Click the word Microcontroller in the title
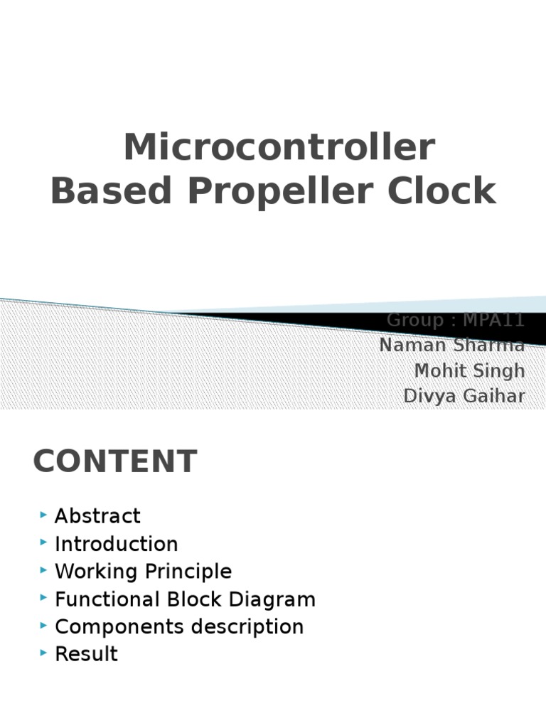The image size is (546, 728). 279,148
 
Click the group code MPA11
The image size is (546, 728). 493,321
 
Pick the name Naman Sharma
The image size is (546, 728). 452,346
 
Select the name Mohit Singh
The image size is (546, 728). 469,370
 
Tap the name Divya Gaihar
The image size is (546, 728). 464,396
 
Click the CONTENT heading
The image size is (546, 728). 114,461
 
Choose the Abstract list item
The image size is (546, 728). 97,516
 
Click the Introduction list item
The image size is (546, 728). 116,544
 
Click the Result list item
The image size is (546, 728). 86,654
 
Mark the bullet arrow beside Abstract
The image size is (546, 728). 45,515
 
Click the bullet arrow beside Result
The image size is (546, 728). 45,653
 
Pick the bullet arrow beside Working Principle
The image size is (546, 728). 45,570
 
